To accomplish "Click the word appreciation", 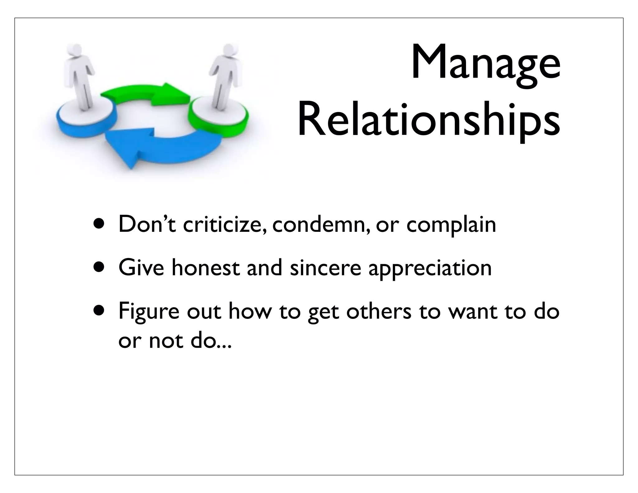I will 430,269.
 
